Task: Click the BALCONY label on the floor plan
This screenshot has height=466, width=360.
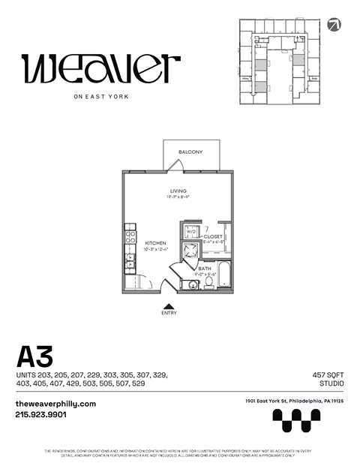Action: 190,152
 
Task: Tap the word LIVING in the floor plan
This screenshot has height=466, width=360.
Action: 178,191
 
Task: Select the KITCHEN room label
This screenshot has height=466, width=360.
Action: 155,242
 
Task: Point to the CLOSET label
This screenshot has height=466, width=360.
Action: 213,236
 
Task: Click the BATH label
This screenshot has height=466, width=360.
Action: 205,268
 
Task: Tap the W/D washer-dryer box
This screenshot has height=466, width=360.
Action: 190,231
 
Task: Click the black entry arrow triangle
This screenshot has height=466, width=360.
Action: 169,305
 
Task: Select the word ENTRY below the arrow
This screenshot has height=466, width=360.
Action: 169,313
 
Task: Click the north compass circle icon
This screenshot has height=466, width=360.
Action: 334,24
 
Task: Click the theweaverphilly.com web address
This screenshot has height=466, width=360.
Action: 55,403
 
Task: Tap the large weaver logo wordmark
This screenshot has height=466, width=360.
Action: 101,69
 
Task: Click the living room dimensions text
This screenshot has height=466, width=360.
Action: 178,198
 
